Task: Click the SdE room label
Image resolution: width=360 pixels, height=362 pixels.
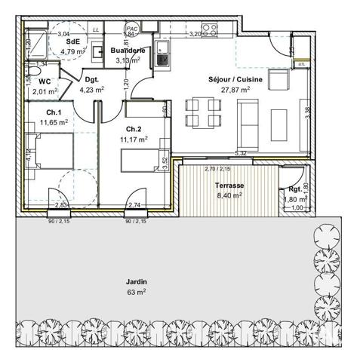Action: coord(73,42)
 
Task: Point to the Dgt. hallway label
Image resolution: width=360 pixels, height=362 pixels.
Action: coord(92,79)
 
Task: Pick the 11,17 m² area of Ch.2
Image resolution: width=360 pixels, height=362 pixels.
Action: coord(134,139)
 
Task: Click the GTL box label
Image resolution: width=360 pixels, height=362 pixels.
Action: coord(302,65)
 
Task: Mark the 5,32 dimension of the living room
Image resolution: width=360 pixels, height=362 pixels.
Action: coord(241,154)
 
